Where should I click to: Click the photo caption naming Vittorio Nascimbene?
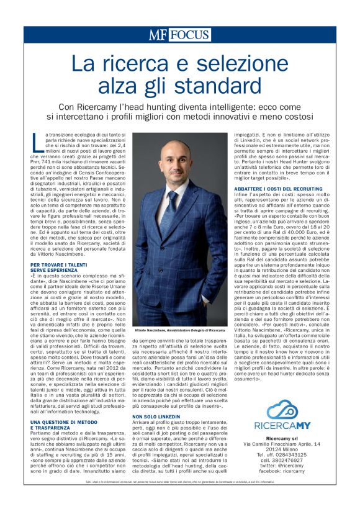(x=180, y=331)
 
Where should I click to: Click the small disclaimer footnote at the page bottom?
(x=179, y=483)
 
